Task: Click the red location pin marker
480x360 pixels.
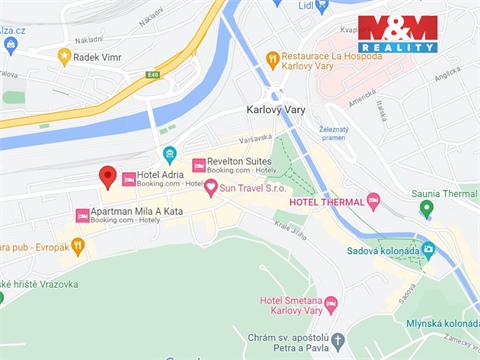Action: point(108,177)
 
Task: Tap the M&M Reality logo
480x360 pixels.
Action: point(398,34)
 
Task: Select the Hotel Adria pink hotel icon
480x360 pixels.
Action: point(128,179)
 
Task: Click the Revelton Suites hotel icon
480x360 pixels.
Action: point(199,164)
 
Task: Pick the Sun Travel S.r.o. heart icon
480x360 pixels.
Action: point(211,187)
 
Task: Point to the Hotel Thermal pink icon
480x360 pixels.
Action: point(373,201)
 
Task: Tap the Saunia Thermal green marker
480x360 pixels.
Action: point(427,208)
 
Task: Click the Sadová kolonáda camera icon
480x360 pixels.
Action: point(429,248)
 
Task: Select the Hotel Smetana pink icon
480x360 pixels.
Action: point(331,304)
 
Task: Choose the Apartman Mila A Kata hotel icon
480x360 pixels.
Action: point(82,215)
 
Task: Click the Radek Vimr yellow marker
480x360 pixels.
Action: point(65,57)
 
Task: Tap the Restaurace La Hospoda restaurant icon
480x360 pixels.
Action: point(272,59)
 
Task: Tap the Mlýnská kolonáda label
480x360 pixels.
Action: point(442,324)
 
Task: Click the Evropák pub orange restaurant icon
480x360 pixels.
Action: point(78,246)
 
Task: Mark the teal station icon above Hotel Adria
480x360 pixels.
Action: point(170,155)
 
